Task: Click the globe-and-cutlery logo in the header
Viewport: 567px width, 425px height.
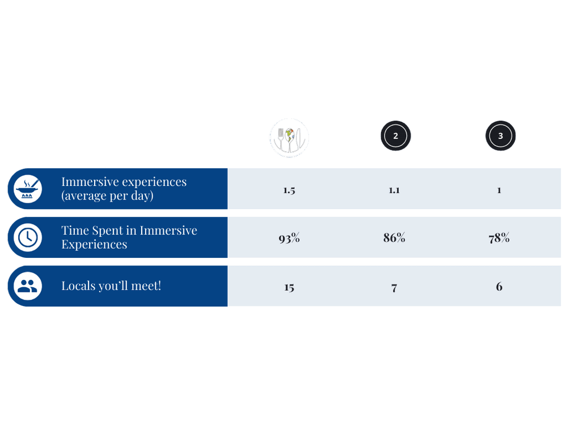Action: (289, 137)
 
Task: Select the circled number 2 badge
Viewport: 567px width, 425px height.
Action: (395, 136)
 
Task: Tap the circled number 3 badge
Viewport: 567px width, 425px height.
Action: (500, 136)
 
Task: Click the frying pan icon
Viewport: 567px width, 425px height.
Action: (28, 189)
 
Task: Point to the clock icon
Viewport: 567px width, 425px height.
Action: (28, 237)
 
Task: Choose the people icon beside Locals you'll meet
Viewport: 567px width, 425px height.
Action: (28, 286)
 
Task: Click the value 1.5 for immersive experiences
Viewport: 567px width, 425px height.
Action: (289, 190)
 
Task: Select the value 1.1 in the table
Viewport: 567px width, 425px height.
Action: (394, 190)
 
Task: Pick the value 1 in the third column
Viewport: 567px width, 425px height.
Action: (499, 190)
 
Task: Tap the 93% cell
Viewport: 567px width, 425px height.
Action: (289, 239)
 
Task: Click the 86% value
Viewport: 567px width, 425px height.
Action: (394, 238)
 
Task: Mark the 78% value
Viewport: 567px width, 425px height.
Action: (499, 239)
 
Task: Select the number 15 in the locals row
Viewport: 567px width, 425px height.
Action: (289, 288)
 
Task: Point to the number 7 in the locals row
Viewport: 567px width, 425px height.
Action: (394, 288)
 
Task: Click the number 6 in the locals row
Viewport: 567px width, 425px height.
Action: (499, 287)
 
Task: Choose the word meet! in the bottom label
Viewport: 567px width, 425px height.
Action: (146, 286)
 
